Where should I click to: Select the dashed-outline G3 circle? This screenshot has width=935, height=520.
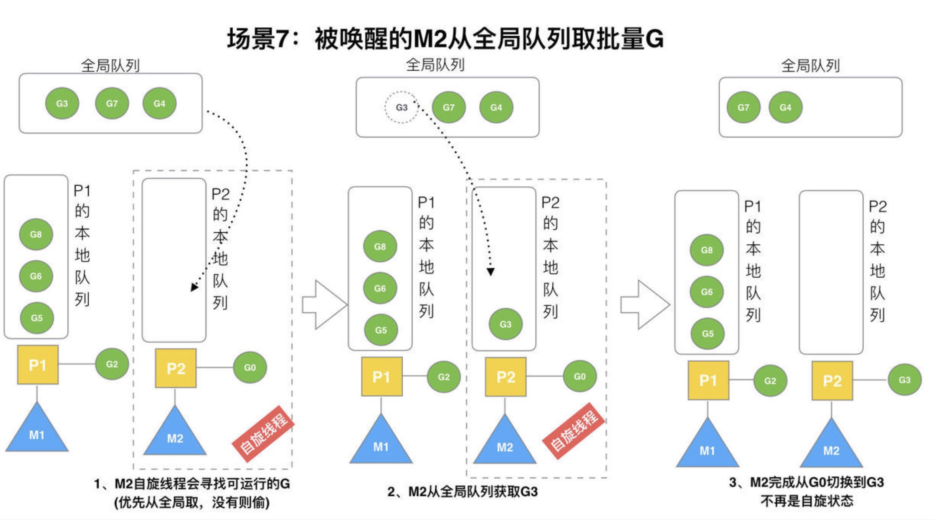[x=401, y=108]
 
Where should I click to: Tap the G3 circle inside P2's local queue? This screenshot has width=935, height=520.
[x=505, y=324]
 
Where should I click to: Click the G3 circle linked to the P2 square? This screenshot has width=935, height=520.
[x=904, y=380]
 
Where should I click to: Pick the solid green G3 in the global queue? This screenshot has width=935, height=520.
[x=62, y=103]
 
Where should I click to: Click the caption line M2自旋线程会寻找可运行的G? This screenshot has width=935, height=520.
[x=192, y=484]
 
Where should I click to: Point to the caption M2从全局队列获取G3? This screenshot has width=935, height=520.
[x=463, y=492]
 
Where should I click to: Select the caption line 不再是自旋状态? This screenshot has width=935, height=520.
[x=807, y=501]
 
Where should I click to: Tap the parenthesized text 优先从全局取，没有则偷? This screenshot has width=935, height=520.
[x=192, y=502]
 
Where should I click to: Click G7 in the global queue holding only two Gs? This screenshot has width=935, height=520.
[x=743, y=108]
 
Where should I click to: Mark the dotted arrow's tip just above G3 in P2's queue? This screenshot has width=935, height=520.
[x=491, y=272]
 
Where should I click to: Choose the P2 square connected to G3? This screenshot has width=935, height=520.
[x=832, y=381]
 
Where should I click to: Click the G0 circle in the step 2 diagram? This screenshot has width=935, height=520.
[x=580, y=376]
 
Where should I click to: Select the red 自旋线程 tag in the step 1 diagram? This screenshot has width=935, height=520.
[x=263, y=433]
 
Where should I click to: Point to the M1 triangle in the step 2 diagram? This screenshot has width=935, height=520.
[x=381, y=442]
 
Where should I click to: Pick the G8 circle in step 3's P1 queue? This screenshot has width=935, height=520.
[x=707, y=250]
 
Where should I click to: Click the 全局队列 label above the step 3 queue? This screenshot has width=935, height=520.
[x=811, y=66]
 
